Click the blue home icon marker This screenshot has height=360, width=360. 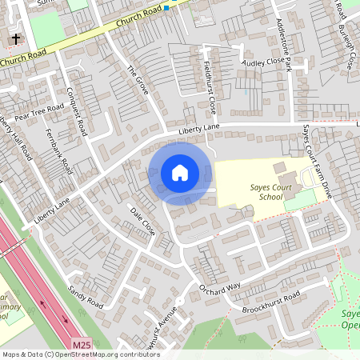180,173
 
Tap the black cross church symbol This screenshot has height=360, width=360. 15,39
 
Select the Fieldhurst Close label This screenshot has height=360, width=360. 210,86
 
